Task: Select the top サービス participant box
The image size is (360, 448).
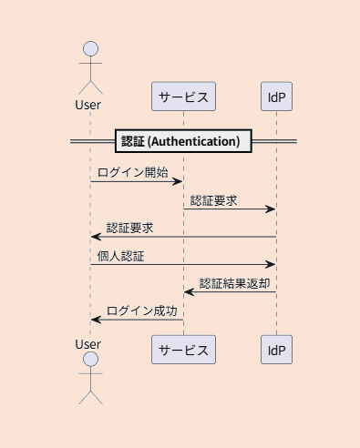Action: tap(183, 96)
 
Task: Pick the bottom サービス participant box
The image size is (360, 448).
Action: tap(183, 350)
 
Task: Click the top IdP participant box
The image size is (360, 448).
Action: tap(276, 96)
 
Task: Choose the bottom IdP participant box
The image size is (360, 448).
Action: tap(276, 350)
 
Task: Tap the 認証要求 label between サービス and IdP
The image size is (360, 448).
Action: tap(214, 200)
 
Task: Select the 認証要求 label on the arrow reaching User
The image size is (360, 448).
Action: tap(129, 228)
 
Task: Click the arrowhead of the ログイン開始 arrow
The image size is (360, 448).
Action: tap(179, 182)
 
